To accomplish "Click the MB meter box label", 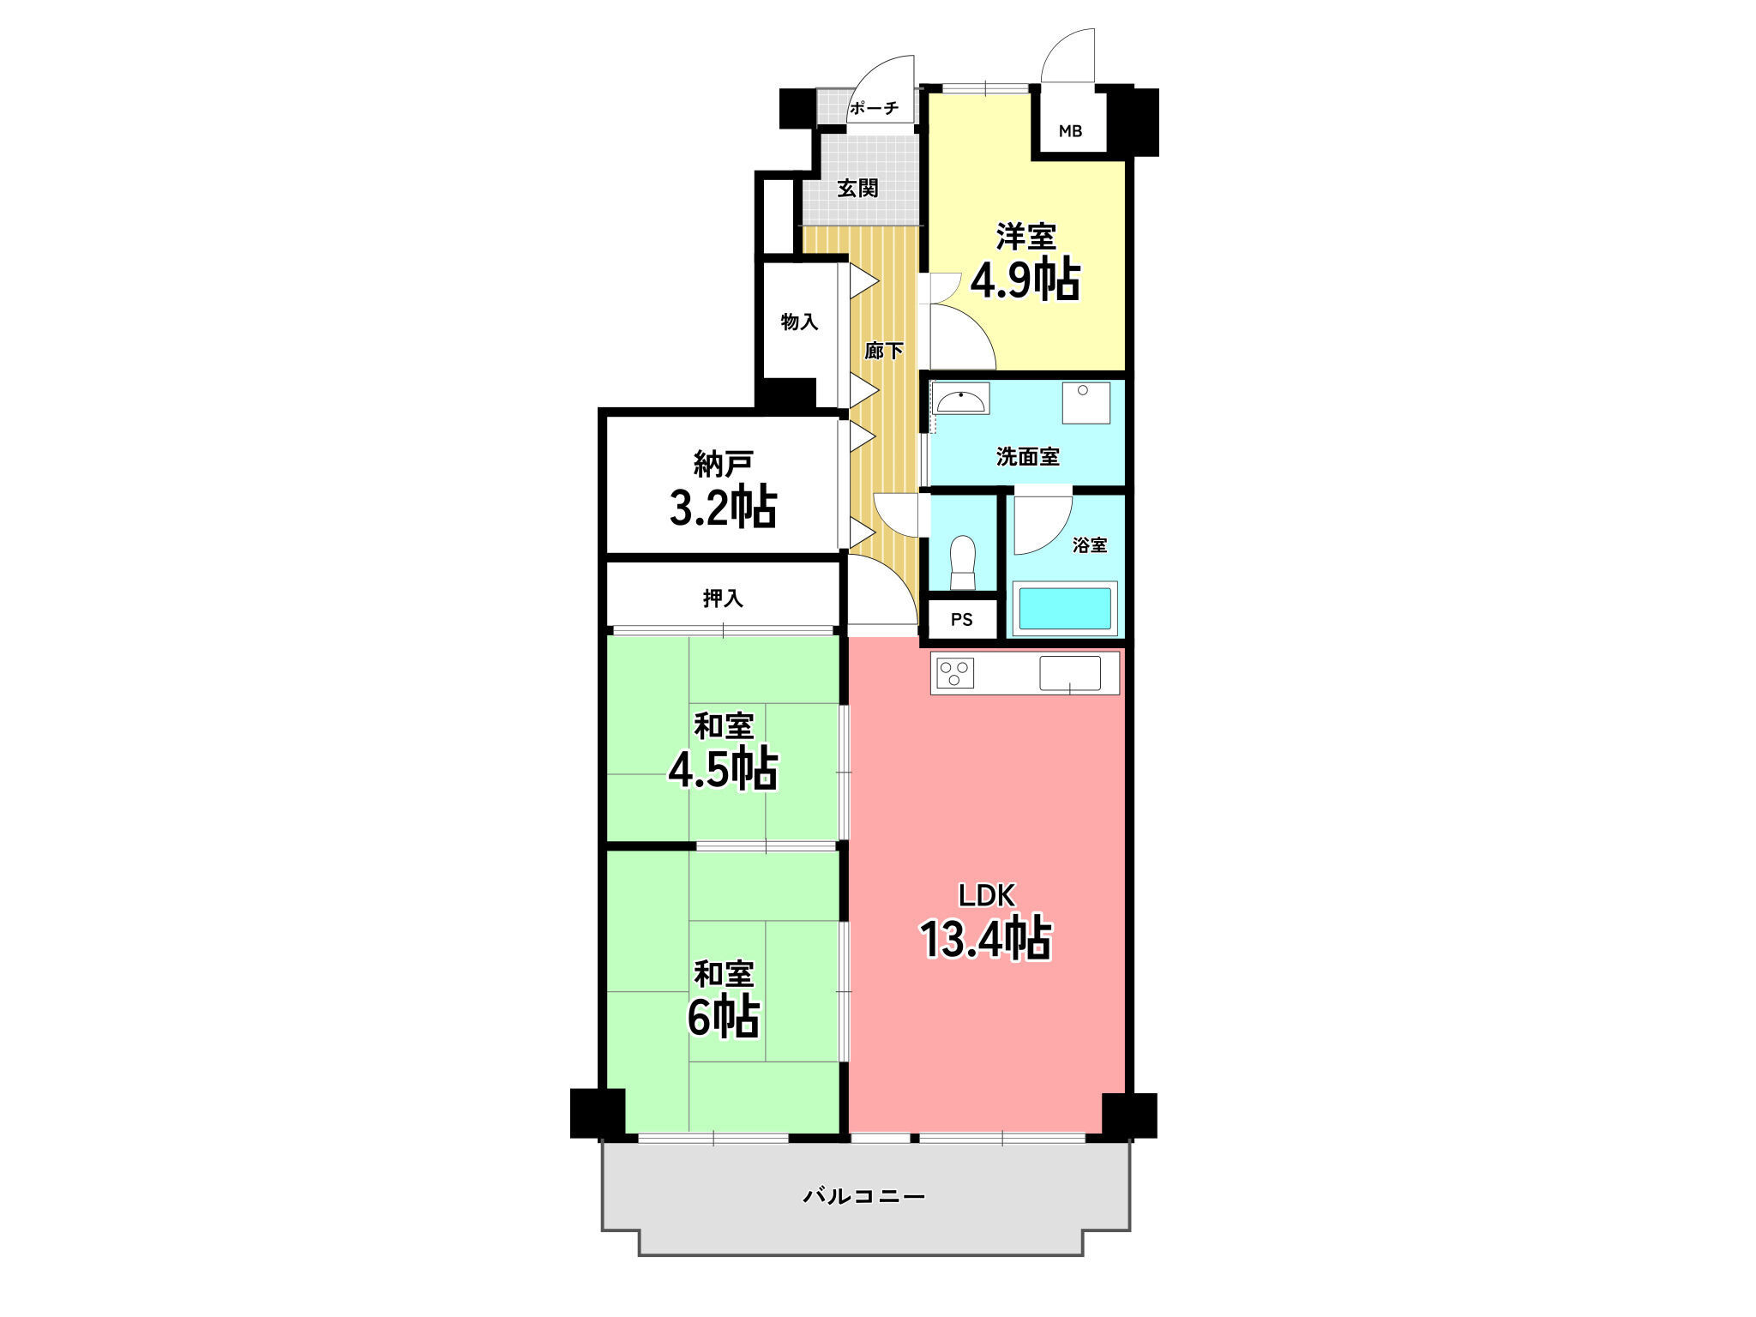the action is (x=1070, y=131).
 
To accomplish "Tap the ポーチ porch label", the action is (x=874, y=108).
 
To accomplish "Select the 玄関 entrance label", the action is (x=857, y=188).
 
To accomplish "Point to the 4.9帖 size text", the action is (x=1025, y=280).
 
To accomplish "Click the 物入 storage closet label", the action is (x=799, y=322).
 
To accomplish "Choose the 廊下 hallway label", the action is (x=883, y=351).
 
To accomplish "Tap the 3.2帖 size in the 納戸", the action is (x=723, y=508).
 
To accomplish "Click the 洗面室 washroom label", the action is (x=1027, y=457).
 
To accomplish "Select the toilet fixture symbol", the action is (x=963, y=562).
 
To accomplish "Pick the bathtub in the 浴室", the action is (x=1065, y=609).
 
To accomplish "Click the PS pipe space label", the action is (x=961, y=620).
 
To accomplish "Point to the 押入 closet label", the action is (x=723, y=598).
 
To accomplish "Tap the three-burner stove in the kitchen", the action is (x=955, y=673).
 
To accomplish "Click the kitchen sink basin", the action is (x=1070, y=673).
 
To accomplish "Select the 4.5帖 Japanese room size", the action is (x=723, y=769).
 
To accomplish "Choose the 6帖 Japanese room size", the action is (x=723, y=1017).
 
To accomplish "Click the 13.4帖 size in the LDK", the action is (x=986, y=939).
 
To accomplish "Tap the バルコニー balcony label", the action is (x=863, y=1195).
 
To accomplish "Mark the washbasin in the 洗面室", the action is (x=962, y=399).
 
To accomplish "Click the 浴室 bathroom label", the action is (x=1090, y=544).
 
